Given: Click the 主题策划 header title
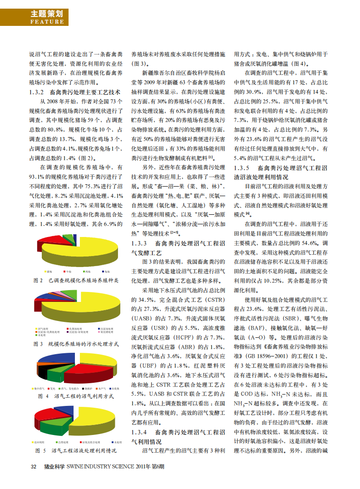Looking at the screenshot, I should point(47,13).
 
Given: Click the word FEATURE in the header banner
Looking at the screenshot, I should point(47,21).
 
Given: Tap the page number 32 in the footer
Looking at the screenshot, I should point(33,466).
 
